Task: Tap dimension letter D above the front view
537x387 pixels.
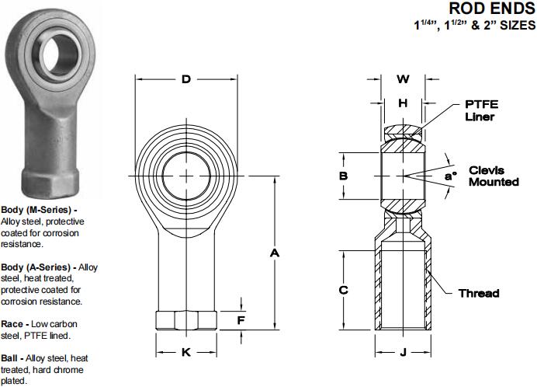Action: click(186, 78)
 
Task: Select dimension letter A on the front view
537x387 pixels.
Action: click(273, 253)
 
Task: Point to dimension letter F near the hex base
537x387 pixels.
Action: click(241, 319)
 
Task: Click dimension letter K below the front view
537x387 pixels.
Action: click(186, 352)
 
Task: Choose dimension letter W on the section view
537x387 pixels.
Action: click(403, 78)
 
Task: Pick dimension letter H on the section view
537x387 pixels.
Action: click(403, 103)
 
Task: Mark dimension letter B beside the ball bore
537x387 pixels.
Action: click(343, 176)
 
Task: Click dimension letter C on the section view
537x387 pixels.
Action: click(343, 290)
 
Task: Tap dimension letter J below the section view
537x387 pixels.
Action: click(403, 352)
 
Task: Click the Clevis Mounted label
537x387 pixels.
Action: click(494, 176)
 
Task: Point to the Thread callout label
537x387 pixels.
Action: click(479, 293)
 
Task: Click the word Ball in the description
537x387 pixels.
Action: click(12, 357)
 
